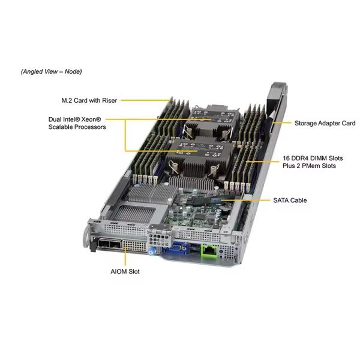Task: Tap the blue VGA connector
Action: pos(176,248)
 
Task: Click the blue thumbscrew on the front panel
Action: pos(151,250)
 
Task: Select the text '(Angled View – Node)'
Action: pos(52,71)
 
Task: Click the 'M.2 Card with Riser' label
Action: pos(89,100)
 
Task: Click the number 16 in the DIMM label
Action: pos(286,158)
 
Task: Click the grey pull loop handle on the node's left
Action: pos(86,236)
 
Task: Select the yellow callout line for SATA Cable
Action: pos(245,200)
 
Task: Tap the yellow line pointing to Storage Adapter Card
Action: pos(281,123)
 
